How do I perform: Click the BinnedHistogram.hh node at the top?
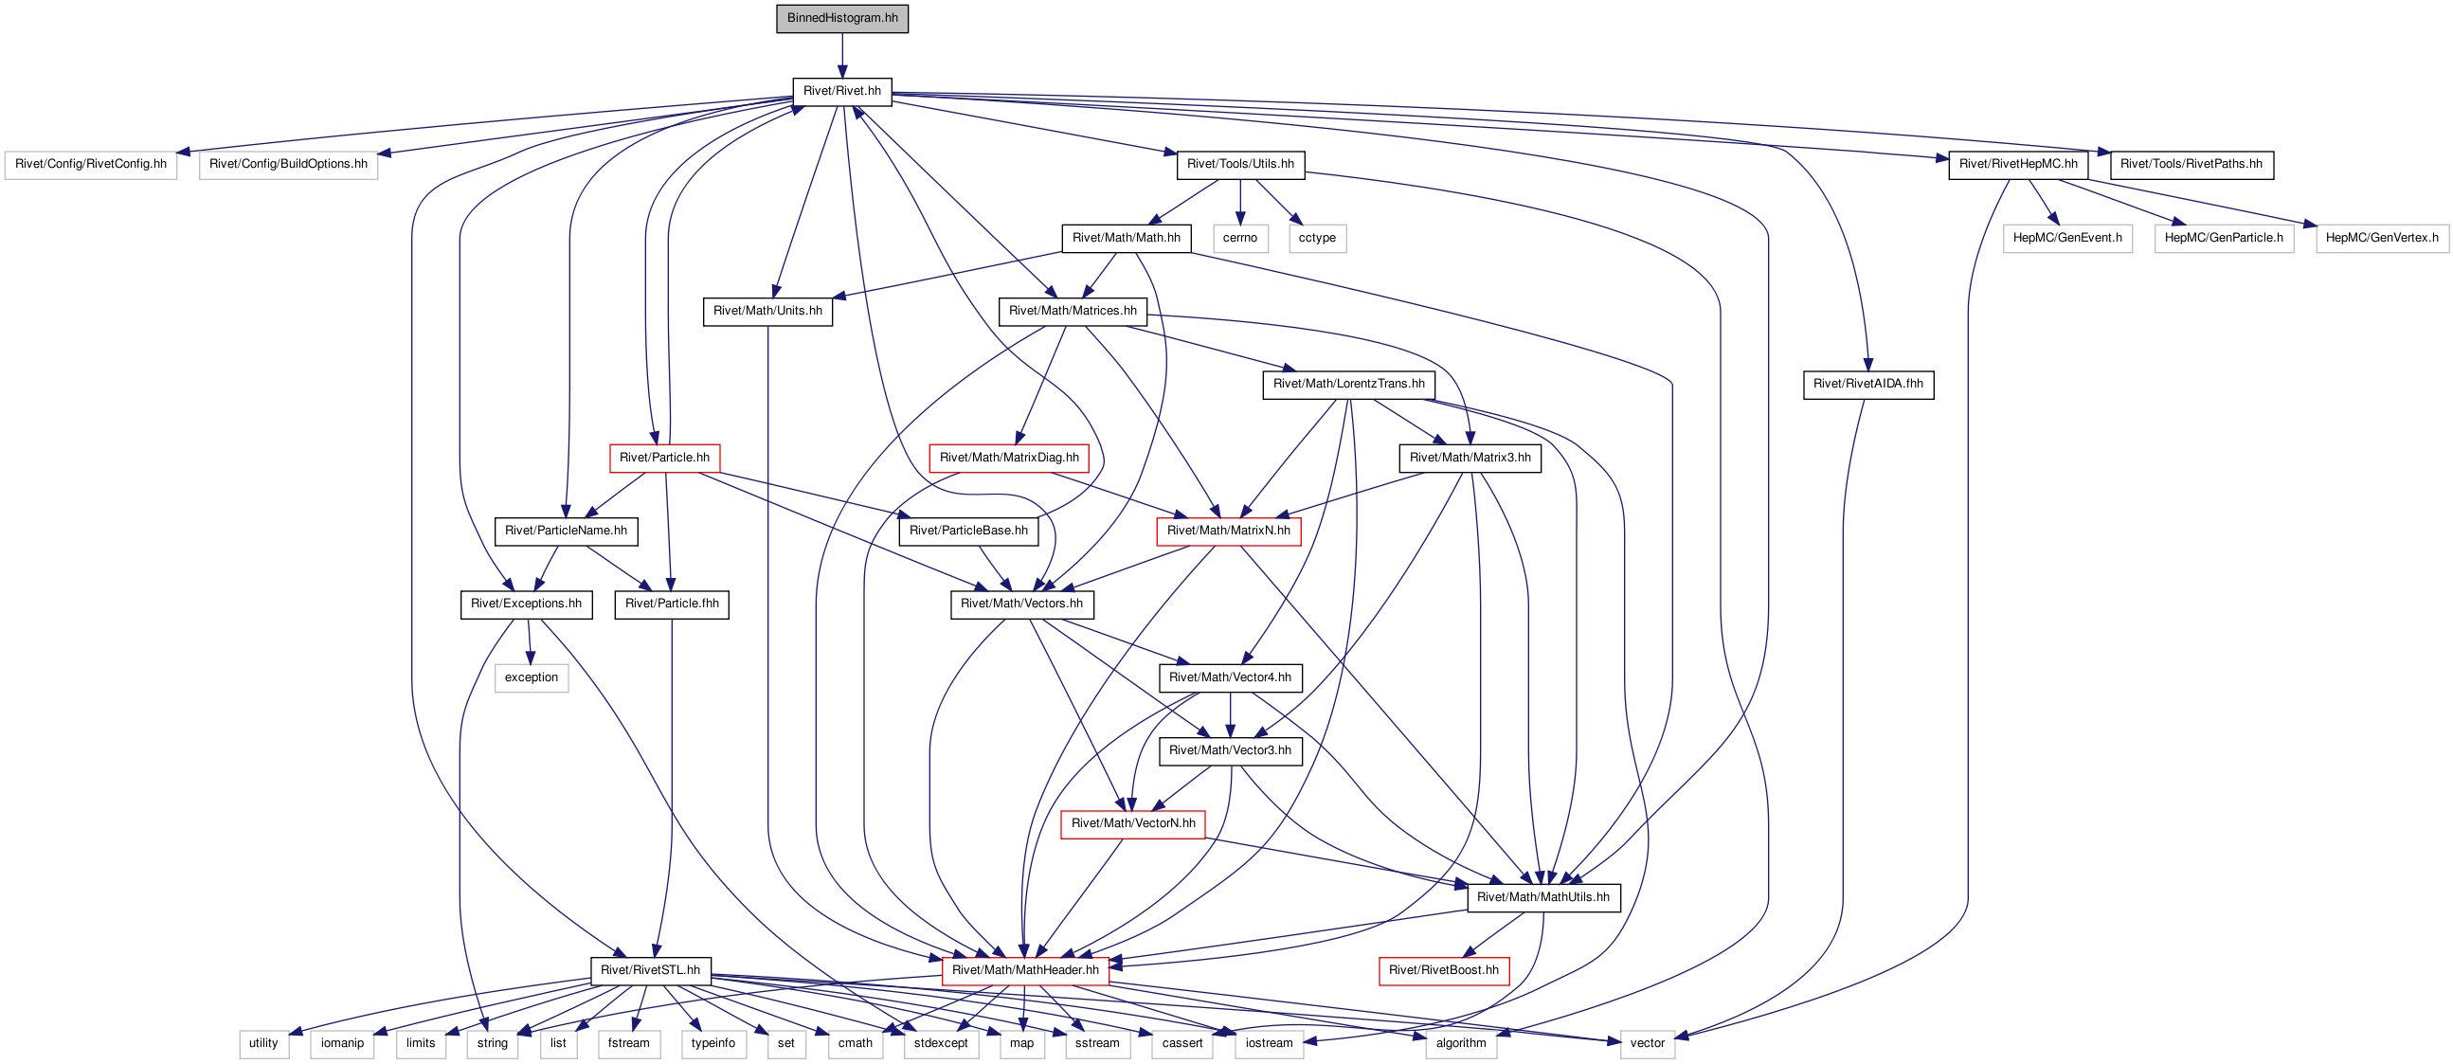841,18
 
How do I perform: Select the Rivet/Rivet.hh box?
841,92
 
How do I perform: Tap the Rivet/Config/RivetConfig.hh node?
90,165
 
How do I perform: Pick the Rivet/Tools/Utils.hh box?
1240,165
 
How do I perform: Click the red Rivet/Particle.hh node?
665,459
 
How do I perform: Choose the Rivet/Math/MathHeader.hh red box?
1025,970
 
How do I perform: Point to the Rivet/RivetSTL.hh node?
650,970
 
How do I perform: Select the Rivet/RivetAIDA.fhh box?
1868,385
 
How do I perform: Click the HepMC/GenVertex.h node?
2382,238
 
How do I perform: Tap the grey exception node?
532,678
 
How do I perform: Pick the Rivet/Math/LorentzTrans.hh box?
1348,385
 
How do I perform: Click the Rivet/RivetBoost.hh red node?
1444,970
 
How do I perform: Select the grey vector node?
1648,1044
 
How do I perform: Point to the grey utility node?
263,1044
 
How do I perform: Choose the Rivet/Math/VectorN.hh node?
1133,824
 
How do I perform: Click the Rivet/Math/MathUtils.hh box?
1543,897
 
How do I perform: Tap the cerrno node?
1240,238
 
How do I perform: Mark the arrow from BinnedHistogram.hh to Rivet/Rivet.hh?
841,55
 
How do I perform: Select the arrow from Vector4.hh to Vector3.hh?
1231,715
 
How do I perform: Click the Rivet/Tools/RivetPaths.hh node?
2192,165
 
